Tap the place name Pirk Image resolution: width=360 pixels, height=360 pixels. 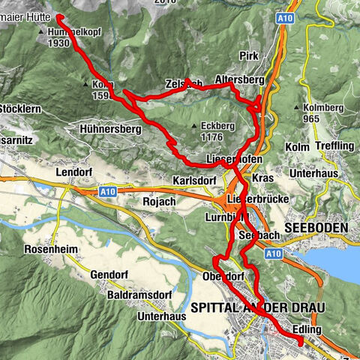click(x=249, y=56)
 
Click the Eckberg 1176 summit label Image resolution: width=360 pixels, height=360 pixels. click(x=216, y=131)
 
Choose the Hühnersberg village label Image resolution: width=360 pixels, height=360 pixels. click(x=110, y=129)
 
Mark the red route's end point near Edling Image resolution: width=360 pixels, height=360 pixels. click(x=299, y=343)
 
